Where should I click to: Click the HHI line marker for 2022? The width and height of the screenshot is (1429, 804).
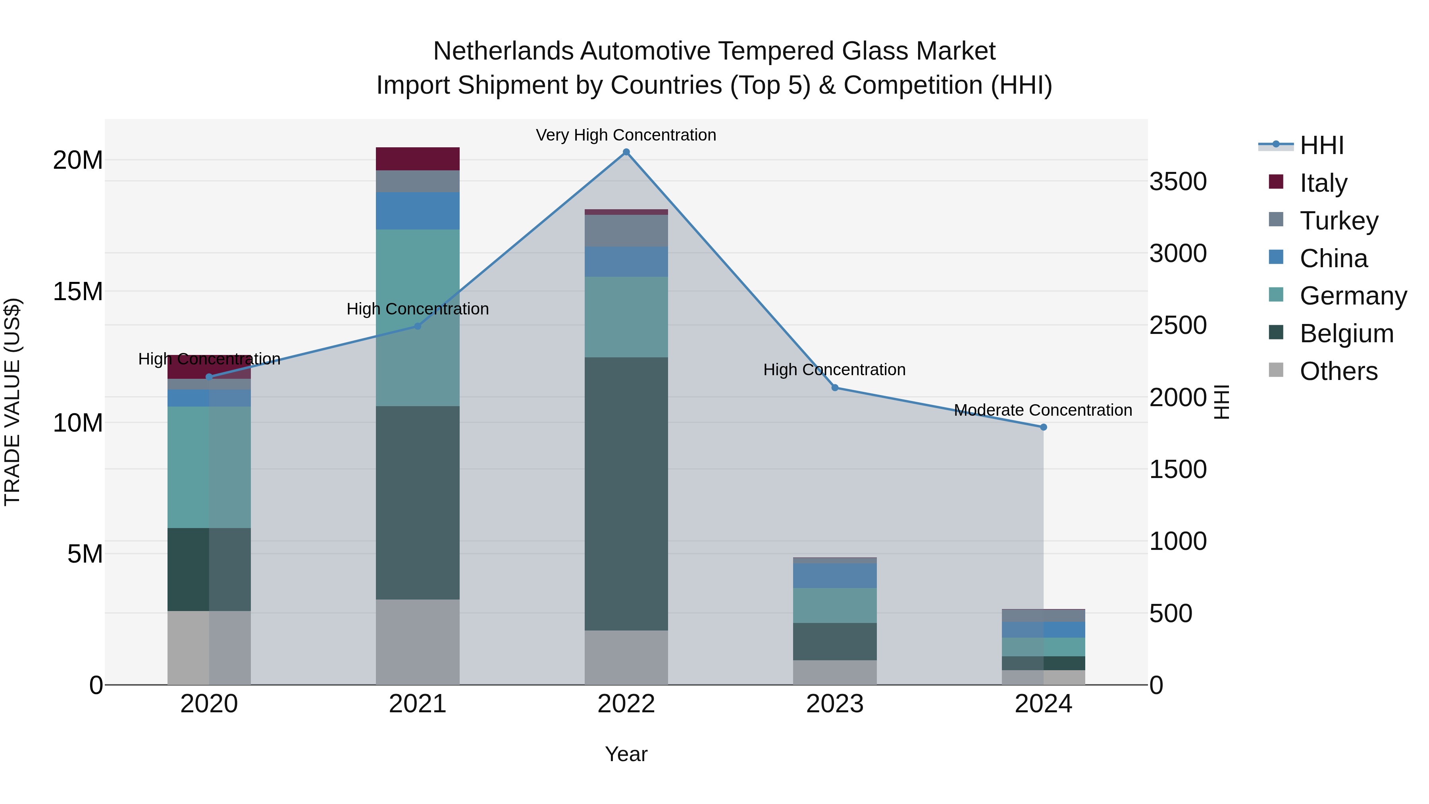click(626, 152)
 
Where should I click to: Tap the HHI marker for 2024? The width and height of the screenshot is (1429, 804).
click(1044, 427)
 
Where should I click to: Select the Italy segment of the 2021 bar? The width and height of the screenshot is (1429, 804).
click(418, 159)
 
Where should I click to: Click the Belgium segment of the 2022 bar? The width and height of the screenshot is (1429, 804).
click(626, 494)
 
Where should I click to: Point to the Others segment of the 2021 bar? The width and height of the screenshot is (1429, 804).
click(418, 642)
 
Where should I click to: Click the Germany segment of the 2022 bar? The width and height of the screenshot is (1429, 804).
click(626, 317)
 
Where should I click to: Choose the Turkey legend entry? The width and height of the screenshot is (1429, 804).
click(1338, 221)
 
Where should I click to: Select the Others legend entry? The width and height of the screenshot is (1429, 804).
click(1338, 371)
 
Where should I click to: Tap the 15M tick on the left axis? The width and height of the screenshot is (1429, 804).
click(78, 292)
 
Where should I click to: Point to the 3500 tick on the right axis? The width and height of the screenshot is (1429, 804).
click(1178, 182)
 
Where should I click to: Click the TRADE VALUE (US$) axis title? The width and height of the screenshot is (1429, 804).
click(12, 402)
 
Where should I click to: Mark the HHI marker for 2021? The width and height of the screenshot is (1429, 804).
click(418, 326)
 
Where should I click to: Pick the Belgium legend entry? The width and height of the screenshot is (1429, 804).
click(1346, 334)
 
